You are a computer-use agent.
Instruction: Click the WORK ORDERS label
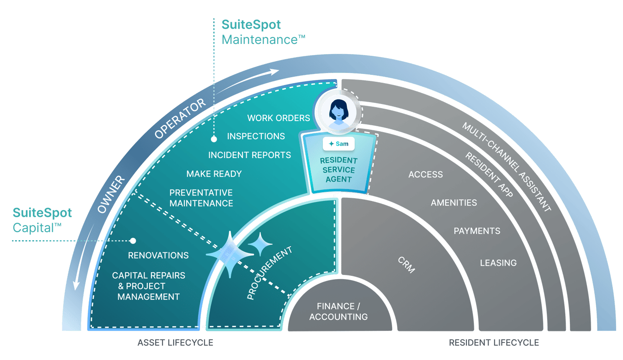pos(278,118)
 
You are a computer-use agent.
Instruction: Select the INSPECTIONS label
pos(256,136)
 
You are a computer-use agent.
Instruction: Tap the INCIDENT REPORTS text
pos(249,155)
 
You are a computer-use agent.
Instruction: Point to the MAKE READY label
pos(214,174)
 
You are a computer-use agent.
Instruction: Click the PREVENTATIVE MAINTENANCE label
pos(201,198)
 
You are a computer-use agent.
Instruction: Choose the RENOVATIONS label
pos(158,256)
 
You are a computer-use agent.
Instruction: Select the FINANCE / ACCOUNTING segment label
pos(339,311)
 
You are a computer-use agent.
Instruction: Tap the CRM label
pos(406,264)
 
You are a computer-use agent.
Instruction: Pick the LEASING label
pos(498,263)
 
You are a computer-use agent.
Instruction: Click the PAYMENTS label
pos(477,231)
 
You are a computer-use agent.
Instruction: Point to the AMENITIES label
pos(454,203)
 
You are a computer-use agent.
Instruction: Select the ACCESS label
pos(425,174)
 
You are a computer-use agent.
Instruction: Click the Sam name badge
pos(339,144)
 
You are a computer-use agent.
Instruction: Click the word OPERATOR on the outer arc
pos(180,119)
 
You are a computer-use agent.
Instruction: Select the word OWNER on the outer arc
pos(111,194)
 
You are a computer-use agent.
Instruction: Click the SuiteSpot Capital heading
pos(42,220)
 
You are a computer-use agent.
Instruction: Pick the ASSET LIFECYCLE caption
pos(175,343)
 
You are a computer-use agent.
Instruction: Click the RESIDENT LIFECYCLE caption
pos(494,343)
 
